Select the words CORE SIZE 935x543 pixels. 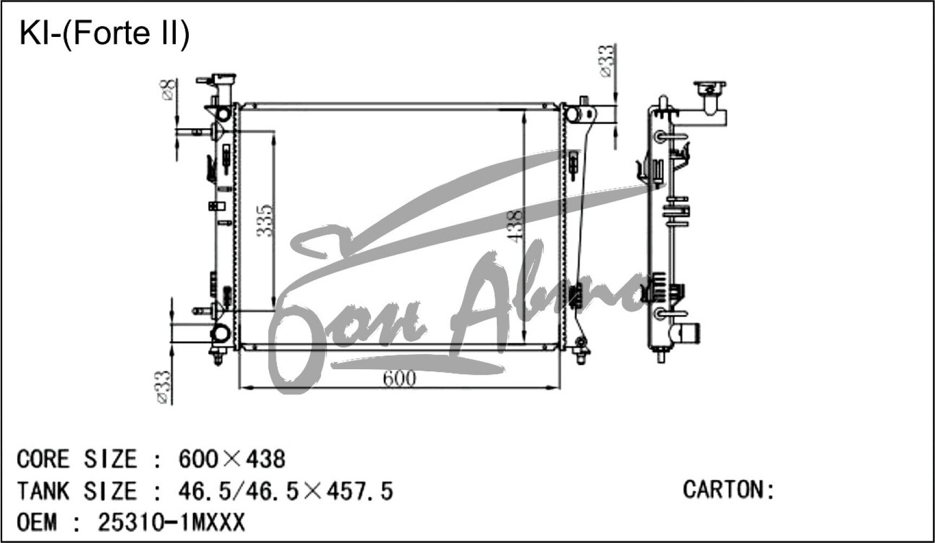[x=76, y=459]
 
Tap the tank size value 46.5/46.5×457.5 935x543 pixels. [x=285, y=491]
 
